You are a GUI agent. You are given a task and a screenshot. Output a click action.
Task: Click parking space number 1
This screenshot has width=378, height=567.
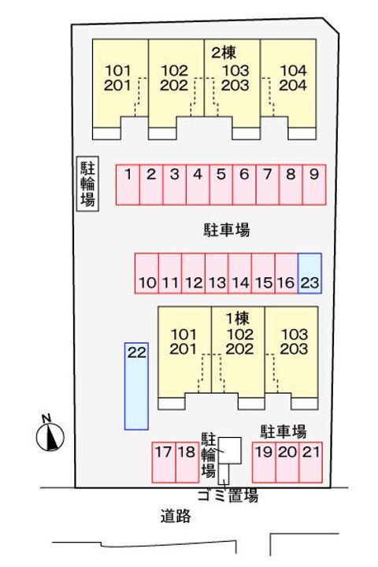pos(128,184)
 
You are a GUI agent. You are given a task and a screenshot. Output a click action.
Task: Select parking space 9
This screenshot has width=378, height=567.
pos(314,184)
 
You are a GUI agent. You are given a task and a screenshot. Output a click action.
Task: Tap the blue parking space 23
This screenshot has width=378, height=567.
pos(309,273)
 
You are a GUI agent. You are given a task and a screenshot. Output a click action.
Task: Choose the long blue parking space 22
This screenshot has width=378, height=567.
pos(136,386)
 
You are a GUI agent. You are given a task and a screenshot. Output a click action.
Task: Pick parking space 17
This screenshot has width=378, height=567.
pos(164,462)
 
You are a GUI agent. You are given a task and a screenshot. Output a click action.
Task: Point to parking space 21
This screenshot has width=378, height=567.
pos(311,462)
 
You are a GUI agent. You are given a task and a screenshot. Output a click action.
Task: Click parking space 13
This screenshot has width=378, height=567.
pos(217,273)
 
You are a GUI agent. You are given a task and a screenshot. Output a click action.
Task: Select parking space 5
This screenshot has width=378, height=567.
pos(221,184)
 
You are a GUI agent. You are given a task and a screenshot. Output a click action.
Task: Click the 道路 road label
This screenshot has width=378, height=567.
pos(176,516)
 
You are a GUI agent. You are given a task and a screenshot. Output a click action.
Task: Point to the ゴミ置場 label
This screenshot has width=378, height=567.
pos(228,495)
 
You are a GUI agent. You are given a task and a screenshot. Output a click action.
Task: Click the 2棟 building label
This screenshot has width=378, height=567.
pos(224,54)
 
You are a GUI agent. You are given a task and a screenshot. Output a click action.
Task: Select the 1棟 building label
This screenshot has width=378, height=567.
pos(238,319)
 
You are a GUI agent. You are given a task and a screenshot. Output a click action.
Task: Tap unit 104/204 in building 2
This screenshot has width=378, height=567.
pos(293,78)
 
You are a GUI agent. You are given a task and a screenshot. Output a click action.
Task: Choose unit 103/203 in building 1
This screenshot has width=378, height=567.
pos(294,341)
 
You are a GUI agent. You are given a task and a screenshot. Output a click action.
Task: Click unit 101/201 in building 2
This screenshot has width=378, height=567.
pos(117,78)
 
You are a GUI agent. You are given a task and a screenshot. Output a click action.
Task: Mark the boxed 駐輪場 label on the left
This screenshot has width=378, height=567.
pos(87,183)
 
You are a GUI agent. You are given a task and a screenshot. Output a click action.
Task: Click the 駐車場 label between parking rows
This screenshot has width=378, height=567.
pos(227,230)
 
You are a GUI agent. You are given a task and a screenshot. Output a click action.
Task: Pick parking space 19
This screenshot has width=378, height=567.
pos(264,462)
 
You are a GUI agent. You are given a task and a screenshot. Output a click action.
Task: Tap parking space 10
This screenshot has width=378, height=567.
pos(146,273)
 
